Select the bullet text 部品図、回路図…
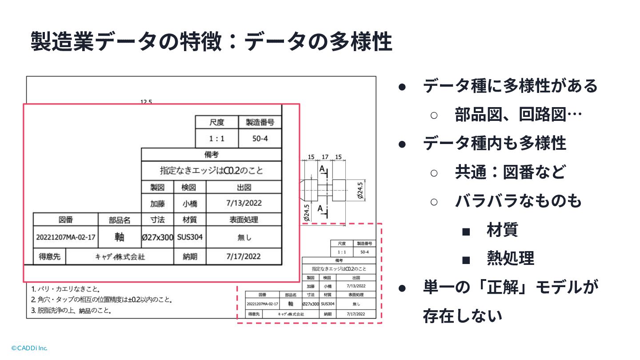click(x=518, y=115)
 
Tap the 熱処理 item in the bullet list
click(x=510, y=258)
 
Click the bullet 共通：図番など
click(x=510, y=172)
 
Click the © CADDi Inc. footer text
click(x=29, y=348)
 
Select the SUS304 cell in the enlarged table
click(x=190, y=237)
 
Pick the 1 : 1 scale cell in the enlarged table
click(x=217, y=139)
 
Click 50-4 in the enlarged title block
click(x=260, y=139)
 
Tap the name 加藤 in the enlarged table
click(x=158, y=204)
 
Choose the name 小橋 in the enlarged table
click(x=190, y=204)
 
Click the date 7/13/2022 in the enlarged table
click(x=244, y=204)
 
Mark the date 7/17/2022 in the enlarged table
click(x=244, y=256)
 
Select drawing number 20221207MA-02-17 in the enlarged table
click(x=66, y=237)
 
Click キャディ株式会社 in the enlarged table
click(x=120, y=257)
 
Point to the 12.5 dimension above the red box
click(x=146, y=102)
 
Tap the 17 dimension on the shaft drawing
click(x=325, y=157)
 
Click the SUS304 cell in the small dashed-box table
click(x=328, y=304)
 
